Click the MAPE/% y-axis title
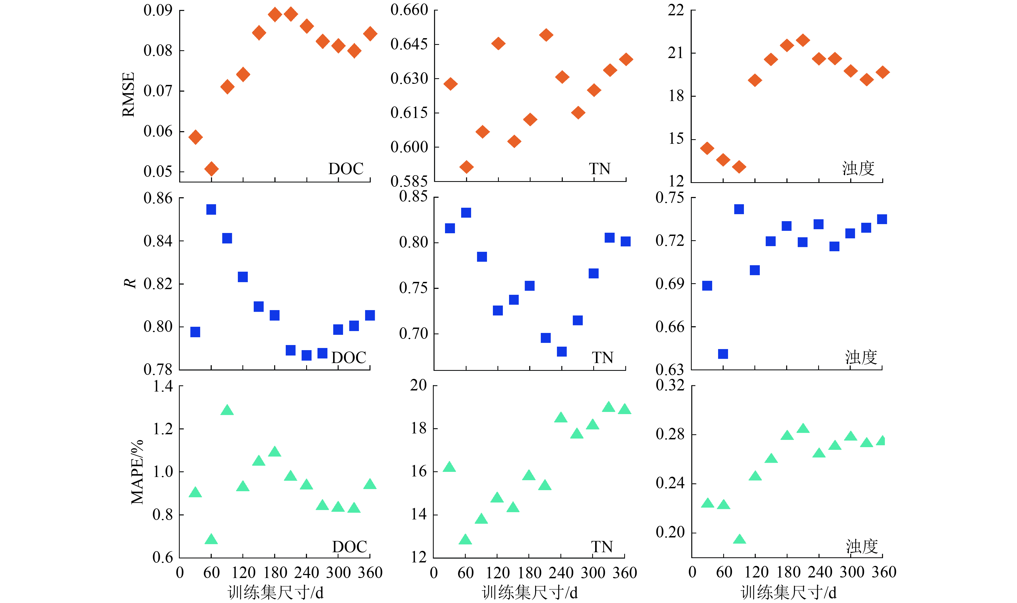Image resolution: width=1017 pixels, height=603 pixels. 137,471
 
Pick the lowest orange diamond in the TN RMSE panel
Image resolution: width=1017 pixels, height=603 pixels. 466,167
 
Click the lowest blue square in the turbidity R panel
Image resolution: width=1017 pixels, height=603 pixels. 723,354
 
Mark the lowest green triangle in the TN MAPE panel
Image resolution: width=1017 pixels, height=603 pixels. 465,540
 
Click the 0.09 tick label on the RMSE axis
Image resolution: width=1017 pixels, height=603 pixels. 158,10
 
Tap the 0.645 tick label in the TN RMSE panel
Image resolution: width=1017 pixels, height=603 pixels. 409,44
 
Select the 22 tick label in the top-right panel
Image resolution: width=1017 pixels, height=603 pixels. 676,10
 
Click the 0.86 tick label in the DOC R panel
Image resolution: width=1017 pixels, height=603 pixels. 158,198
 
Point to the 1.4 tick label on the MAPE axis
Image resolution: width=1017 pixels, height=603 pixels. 163,386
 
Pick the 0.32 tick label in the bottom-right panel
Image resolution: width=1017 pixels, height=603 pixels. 670,385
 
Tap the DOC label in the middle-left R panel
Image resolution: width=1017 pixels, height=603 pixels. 349,358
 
